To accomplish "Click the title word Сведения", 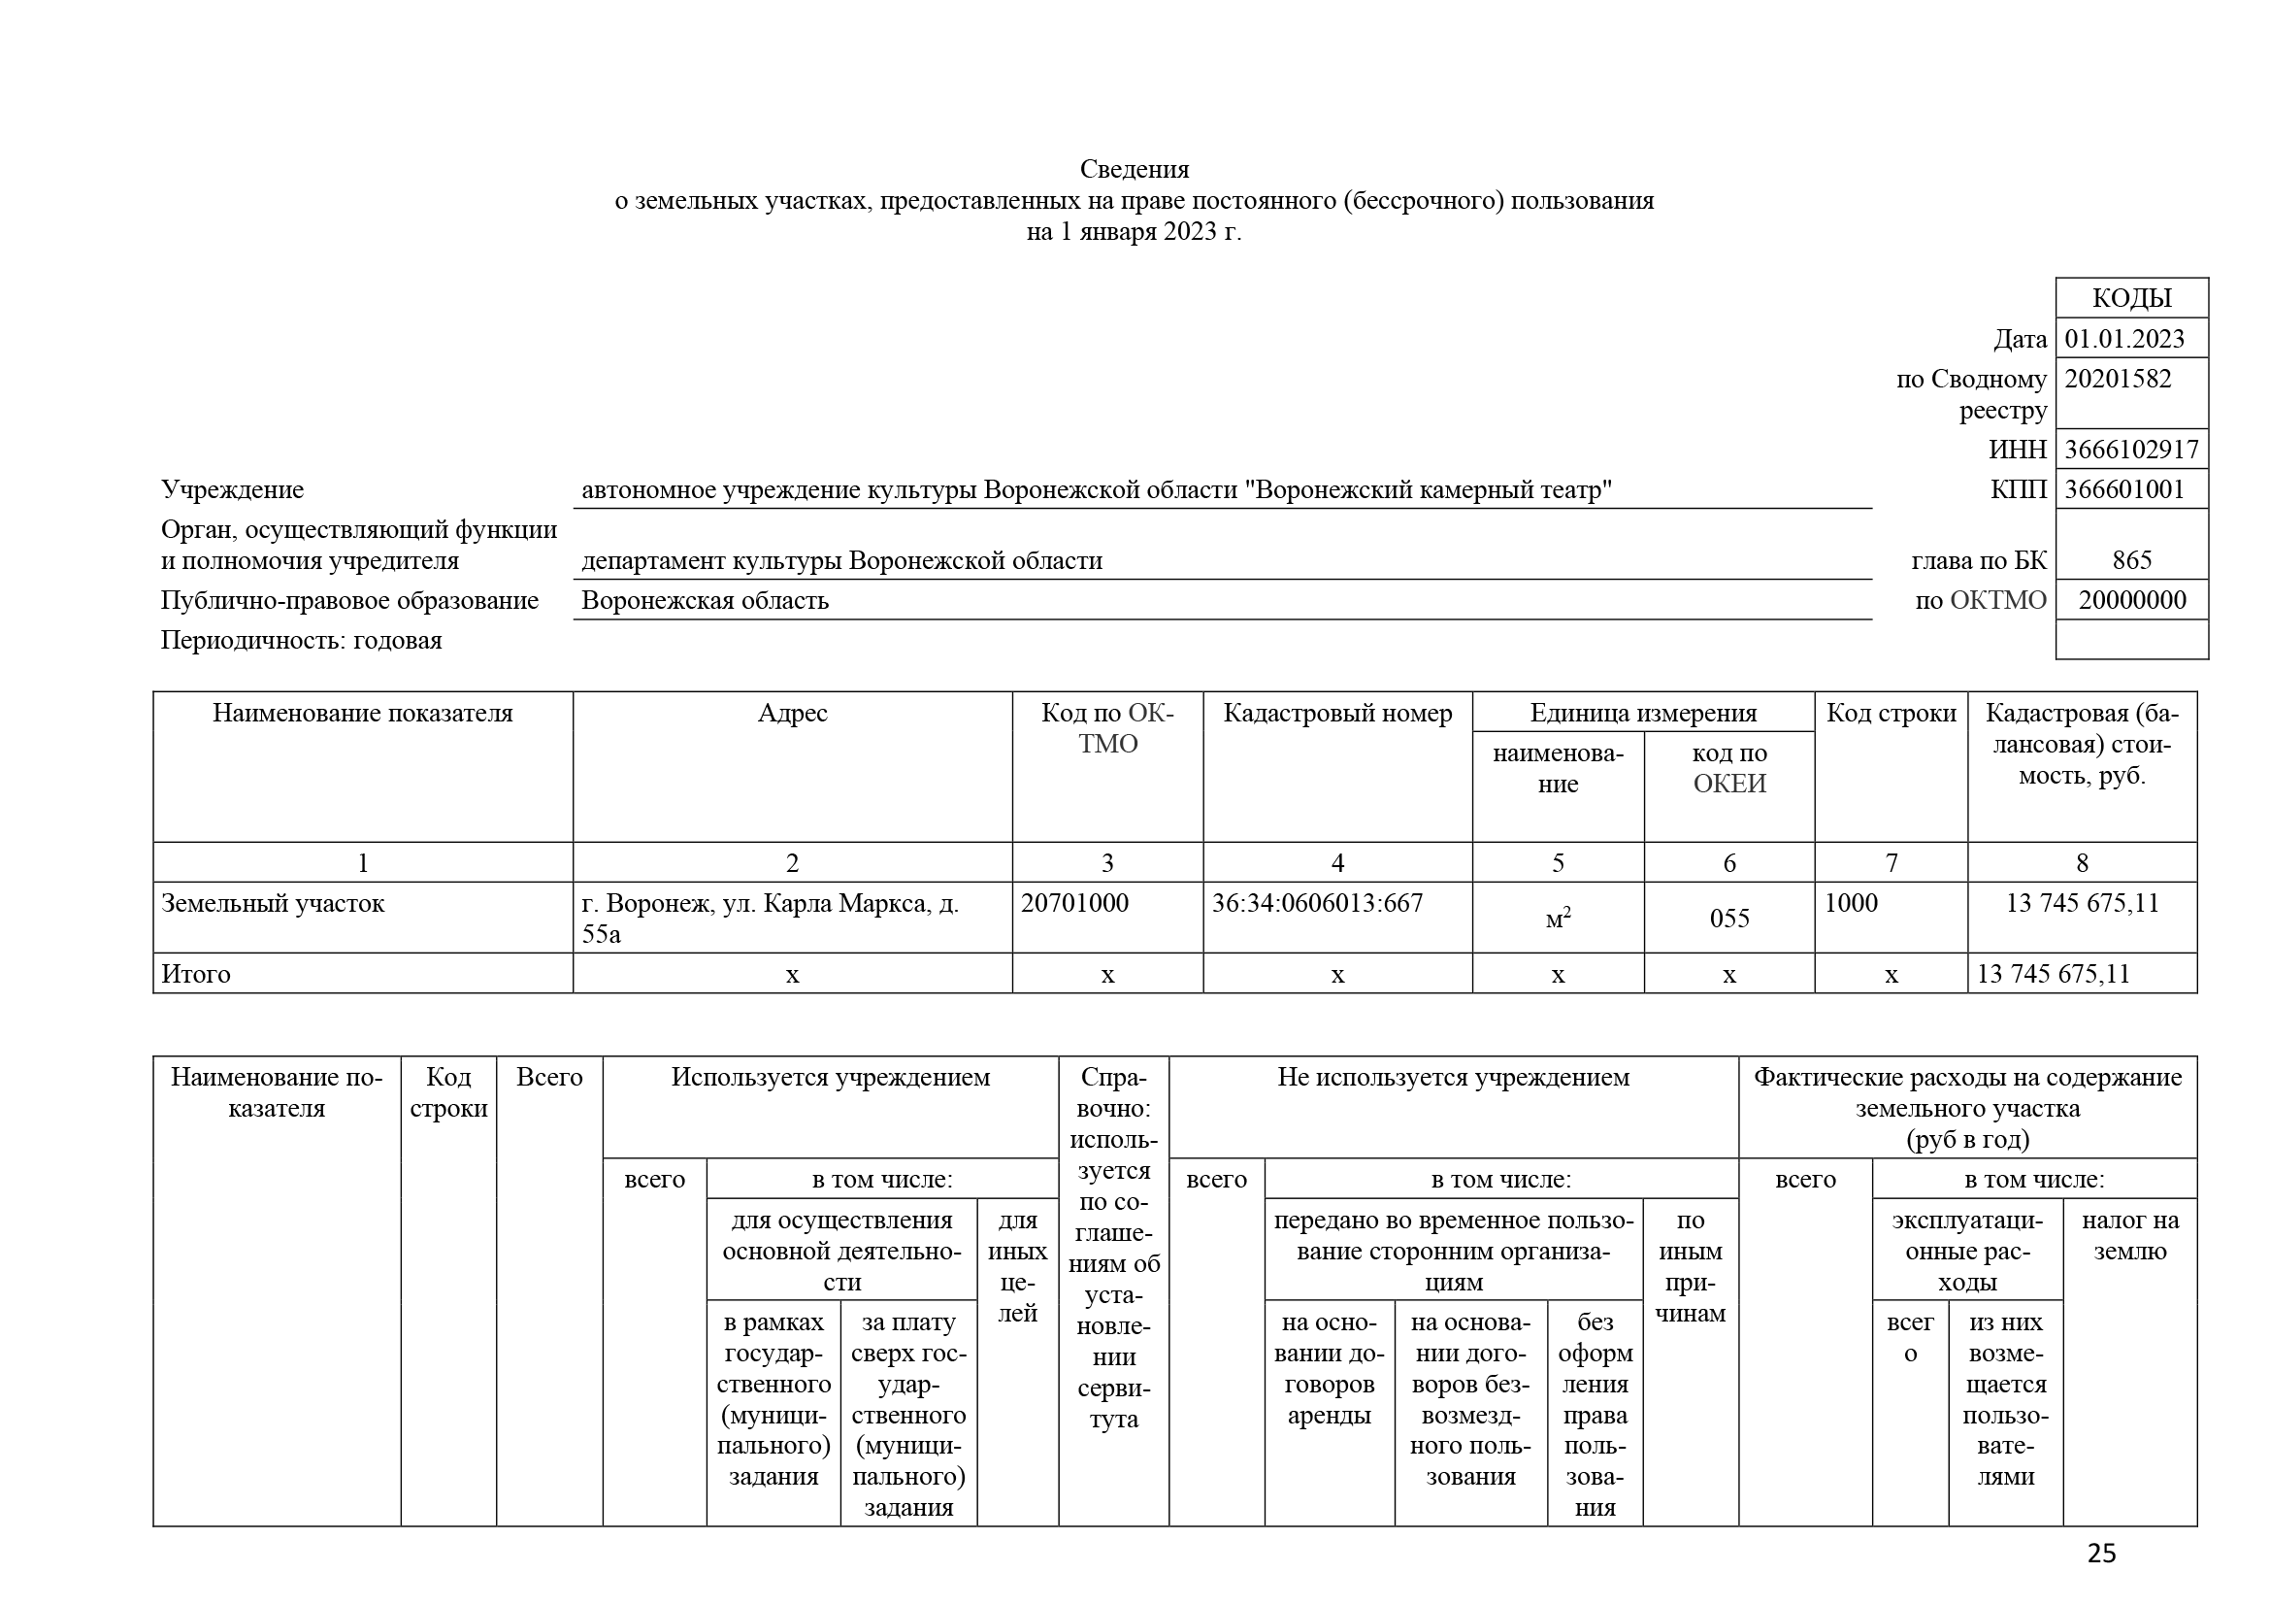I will tap(1134, 169).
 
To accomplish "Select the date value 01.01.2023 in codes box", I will tap(2123, 339).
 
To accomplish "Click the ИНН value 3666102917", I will tap(2130, 450).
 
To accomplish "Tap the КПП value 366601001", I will tap(2123, 489).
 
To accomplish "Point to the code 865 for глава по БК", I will tap(2130, 560).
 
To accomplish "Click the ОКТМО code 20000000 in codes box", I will tap(2131, 600).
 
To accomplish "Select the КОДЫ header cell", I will tap(2131, 299).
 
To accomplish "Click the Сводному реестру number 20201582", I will tap(2118, 380).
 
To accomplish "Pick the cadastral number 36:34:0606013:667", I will tap(1317, 903).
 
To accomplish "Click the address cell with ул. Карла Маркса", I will tap(771, 917).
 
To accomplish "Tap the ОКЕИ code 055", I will tap(1729, 919).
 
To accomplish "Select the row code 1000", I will tap(1851, 903).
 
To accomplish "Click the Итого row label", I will tap(196, 974).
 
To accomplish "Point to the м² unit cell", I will tap(1557, 919).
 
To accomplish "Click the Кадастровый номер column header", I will tap(1336, 713).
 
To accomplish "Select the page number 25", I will tap(2101, 1554).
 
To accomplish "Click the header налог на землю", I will tap(2129, 1235).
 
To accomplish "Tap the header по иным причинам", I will tap(1690, 1267).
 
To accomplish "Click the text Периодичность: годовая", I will tap(302, 640).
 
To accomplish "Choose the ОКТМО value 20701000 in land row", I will tap(1073, 903).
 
